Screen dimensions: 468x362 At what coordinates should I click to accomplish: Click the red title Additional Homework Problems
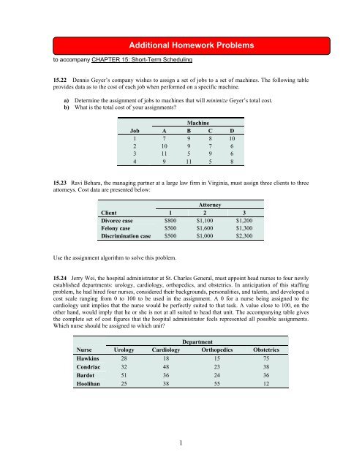180,45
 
